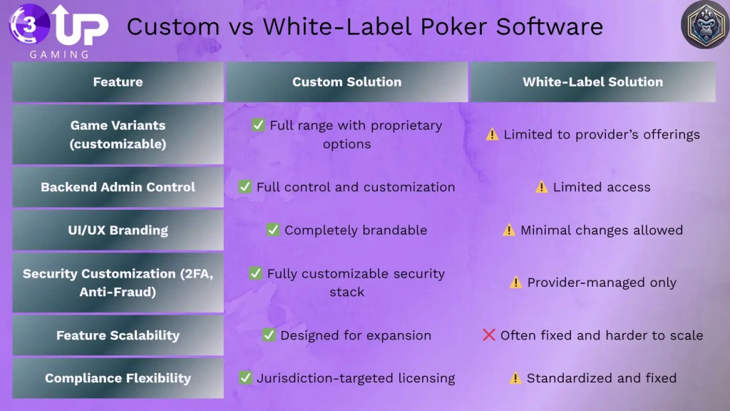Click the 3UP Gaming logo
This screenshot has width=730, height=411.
pyautogui.click(x=58, y=30)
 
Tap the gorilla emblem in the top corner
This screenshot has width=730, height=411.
pyautogui.click(x=704, y=25)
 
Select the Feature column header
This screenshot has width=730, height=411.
pyautogui.click(x=118, y=82)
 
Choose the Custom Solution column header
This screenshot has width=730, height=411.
pyautogui.click(x=346, y=82)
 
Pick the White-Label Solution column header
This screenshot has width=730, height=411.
pyautogui.click(x=592, y=82)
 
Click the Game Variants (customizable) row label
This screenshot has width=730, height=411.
pyautogui.click(x=118, y=134)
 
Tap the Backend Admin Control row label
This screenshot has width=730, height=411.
pyautogui.click(x=118, y=187)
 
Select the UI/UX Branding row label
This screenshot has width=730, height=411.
pyautogui.click(x=118, y=230)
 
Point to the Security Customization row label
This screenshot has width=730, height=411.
pyautogui.click(x=118, y=283)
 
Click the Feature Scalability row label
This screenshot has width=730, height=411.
pyautogui.click(x=118, y=335)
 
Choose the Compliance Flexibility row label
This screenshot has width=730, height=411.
pyautogui.click(x=118, y=378)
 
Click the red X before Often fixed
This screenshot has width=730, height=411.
pyautogui.click(x=489, y=335)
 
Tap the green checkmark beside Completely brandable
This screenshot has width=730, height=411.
pyautogui.click(x=272, y=230)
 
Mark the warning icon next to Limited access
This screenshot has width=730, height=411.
pyautogui.click(x=542, y=187)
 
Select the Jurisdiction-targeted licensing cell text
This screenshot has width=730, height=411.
pyautogui.click(x=355, y=378)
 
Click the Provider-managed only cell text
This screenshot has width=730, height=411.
pyautogui.click(x=601, y=283)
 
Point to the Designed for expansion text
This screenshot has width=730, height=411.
pyautogui.click(x=355, y=335)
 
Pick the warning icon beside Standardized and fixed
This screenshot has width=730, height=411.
pyautogui.click(x=515, y=378)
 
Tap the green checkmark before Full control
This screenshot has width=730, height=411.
pyautogui.click(x=245, y=187)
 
